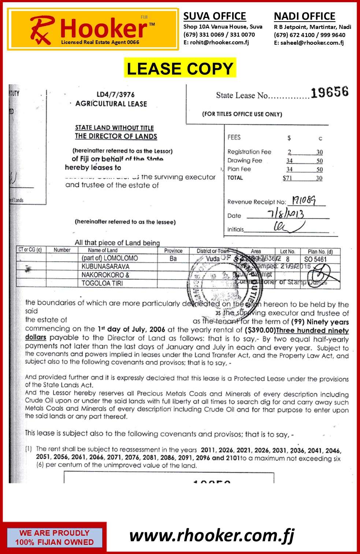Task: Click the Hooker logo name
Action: click(103, 28)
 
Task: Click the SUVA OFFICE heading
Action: click(215, 16)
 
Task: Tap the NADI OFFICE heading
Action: click(304, 16)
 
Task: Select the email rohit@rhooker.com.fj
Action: click(219, 42)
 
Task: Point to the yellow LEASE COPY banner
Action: click(180, 69)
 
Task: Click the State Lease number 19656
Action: click(329, 92)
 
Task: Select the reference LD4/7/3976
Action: click(115, 95)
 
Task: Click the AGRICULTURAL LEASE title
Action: click(111, 104)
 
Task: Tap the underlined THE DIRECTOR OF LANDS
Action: click(116, 136)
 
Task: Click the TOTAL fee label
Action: click(235, 178)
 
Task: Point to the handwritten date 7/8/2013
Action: click(286, 214)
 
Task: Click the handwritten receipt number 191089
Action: click(303, 200)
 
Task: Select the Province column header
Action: click(173, 251)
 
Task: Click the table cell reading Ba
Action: click(173, 259)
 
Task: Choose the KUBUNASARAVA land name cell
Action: click(105, 266)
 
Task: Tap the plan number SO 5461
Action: click(315, 259)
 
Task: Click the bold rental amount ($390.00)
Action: click(260, 330)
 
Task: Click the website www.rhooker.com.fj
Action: click(212, 535)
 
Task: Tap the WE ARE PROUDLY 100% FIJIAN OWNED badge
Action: click(54, 538)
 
